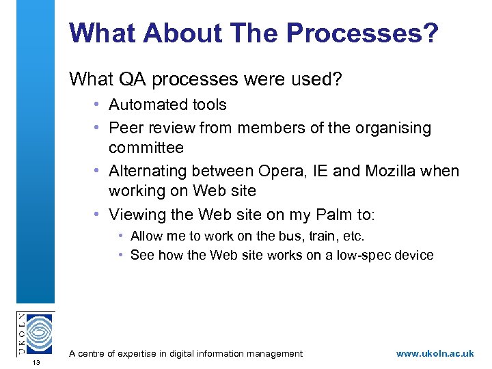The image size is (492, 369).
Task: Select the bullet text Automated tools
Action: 167,105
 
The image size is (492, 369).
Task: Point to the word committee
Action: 146,148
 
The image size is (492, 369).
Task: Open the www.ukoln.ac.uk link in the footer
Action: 435,353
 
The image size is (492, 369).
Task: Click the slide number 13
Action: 36,362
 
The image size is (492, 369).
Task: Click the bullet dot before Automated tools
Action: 98,105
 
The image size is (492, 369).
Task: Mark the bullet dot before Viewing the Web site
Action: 98,215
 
